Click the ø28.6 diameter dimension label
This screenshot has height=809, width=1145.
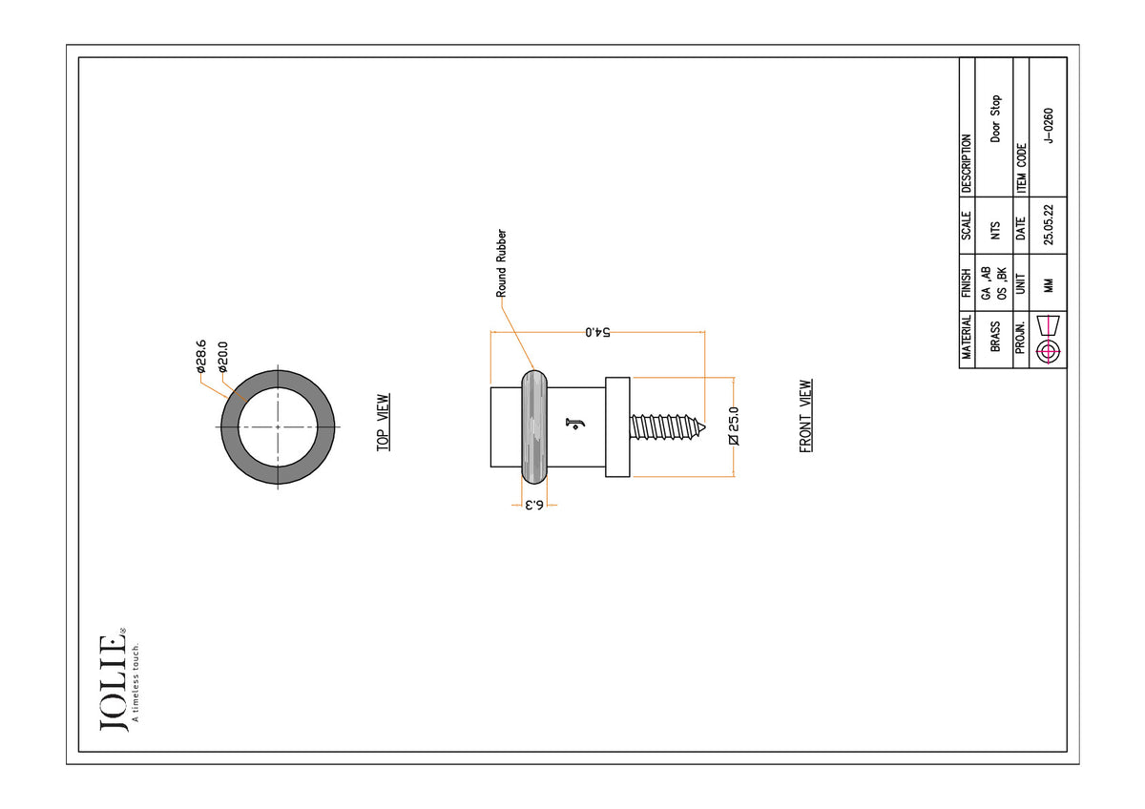point(201,356)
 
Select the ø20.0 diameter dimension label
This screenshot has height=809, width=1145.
point(223,357)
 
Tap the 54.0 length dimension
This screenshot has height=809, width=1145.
point(597,332)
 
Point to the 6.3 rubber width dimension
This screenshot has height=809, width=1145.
point(534,505)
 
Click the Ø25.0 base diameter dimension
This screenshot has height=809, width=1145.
point(734,425)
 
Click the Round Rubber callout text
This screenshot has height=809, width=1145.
point(501,263)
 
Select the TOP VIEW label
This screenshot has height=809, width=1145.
point(383,422)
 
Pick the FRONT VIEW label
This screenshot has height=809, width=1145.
point(805,416)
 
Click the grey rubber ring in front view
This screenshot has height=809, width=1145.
point(534,426)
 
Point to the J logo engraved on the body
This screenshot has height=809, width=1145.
point(575,425)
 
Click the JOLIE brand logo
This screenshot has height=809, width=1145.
point(113,682)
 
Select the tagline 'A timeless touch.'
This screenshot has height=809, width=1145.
point(135,682)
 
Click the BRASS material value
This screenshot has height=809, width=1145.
point(994,336)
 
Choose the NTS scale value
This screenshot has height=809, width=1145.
point(994,231)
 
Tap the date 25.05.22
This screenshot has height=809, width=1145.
point(1049,225)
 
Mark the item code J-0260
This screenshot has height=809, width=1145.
point(1049,126)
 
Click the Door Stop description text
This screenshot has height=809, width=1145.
point(995,118)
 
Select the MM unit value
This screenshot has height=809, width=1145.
point(1049,285)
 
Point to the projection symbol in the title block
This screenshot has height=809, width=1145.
point(1048,340)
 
